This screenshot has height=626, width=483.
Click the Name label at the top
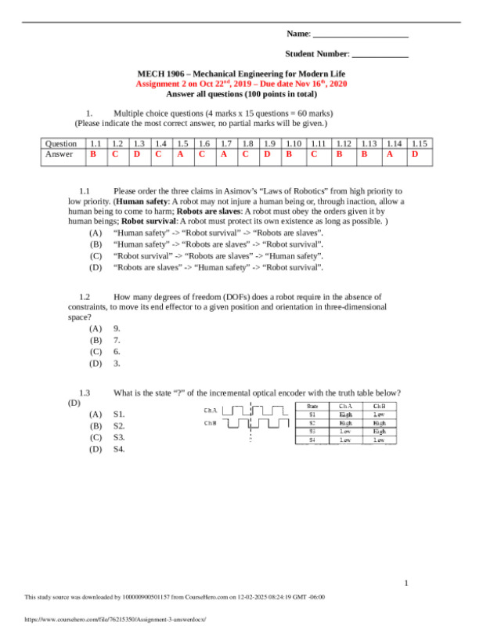[x=297, y=34]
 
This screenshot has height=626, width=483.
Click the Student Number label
[x=316, y=53]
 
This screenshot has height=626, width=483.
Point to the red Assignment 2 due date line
[x=241, y=83]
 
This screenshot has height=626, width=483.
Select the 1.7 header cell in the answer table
[x=225, y=143]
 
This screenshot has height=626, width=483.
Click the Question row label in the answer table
[x=61, y=143]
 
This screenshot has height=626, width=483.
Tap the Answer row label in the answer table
[x=59, y=154]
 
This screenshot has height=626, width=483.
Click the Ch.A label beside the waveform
[x=211, y=410]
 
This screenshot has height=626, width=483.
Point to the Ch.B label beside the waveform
[x=211, y=424]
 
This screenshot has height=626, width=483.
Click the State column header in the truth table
[x=312, y=405]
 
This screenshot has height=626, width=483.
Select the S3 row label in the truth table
[x=312, y=431]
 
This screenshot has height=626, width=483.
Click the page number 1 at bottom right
[x=407, y=583]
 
